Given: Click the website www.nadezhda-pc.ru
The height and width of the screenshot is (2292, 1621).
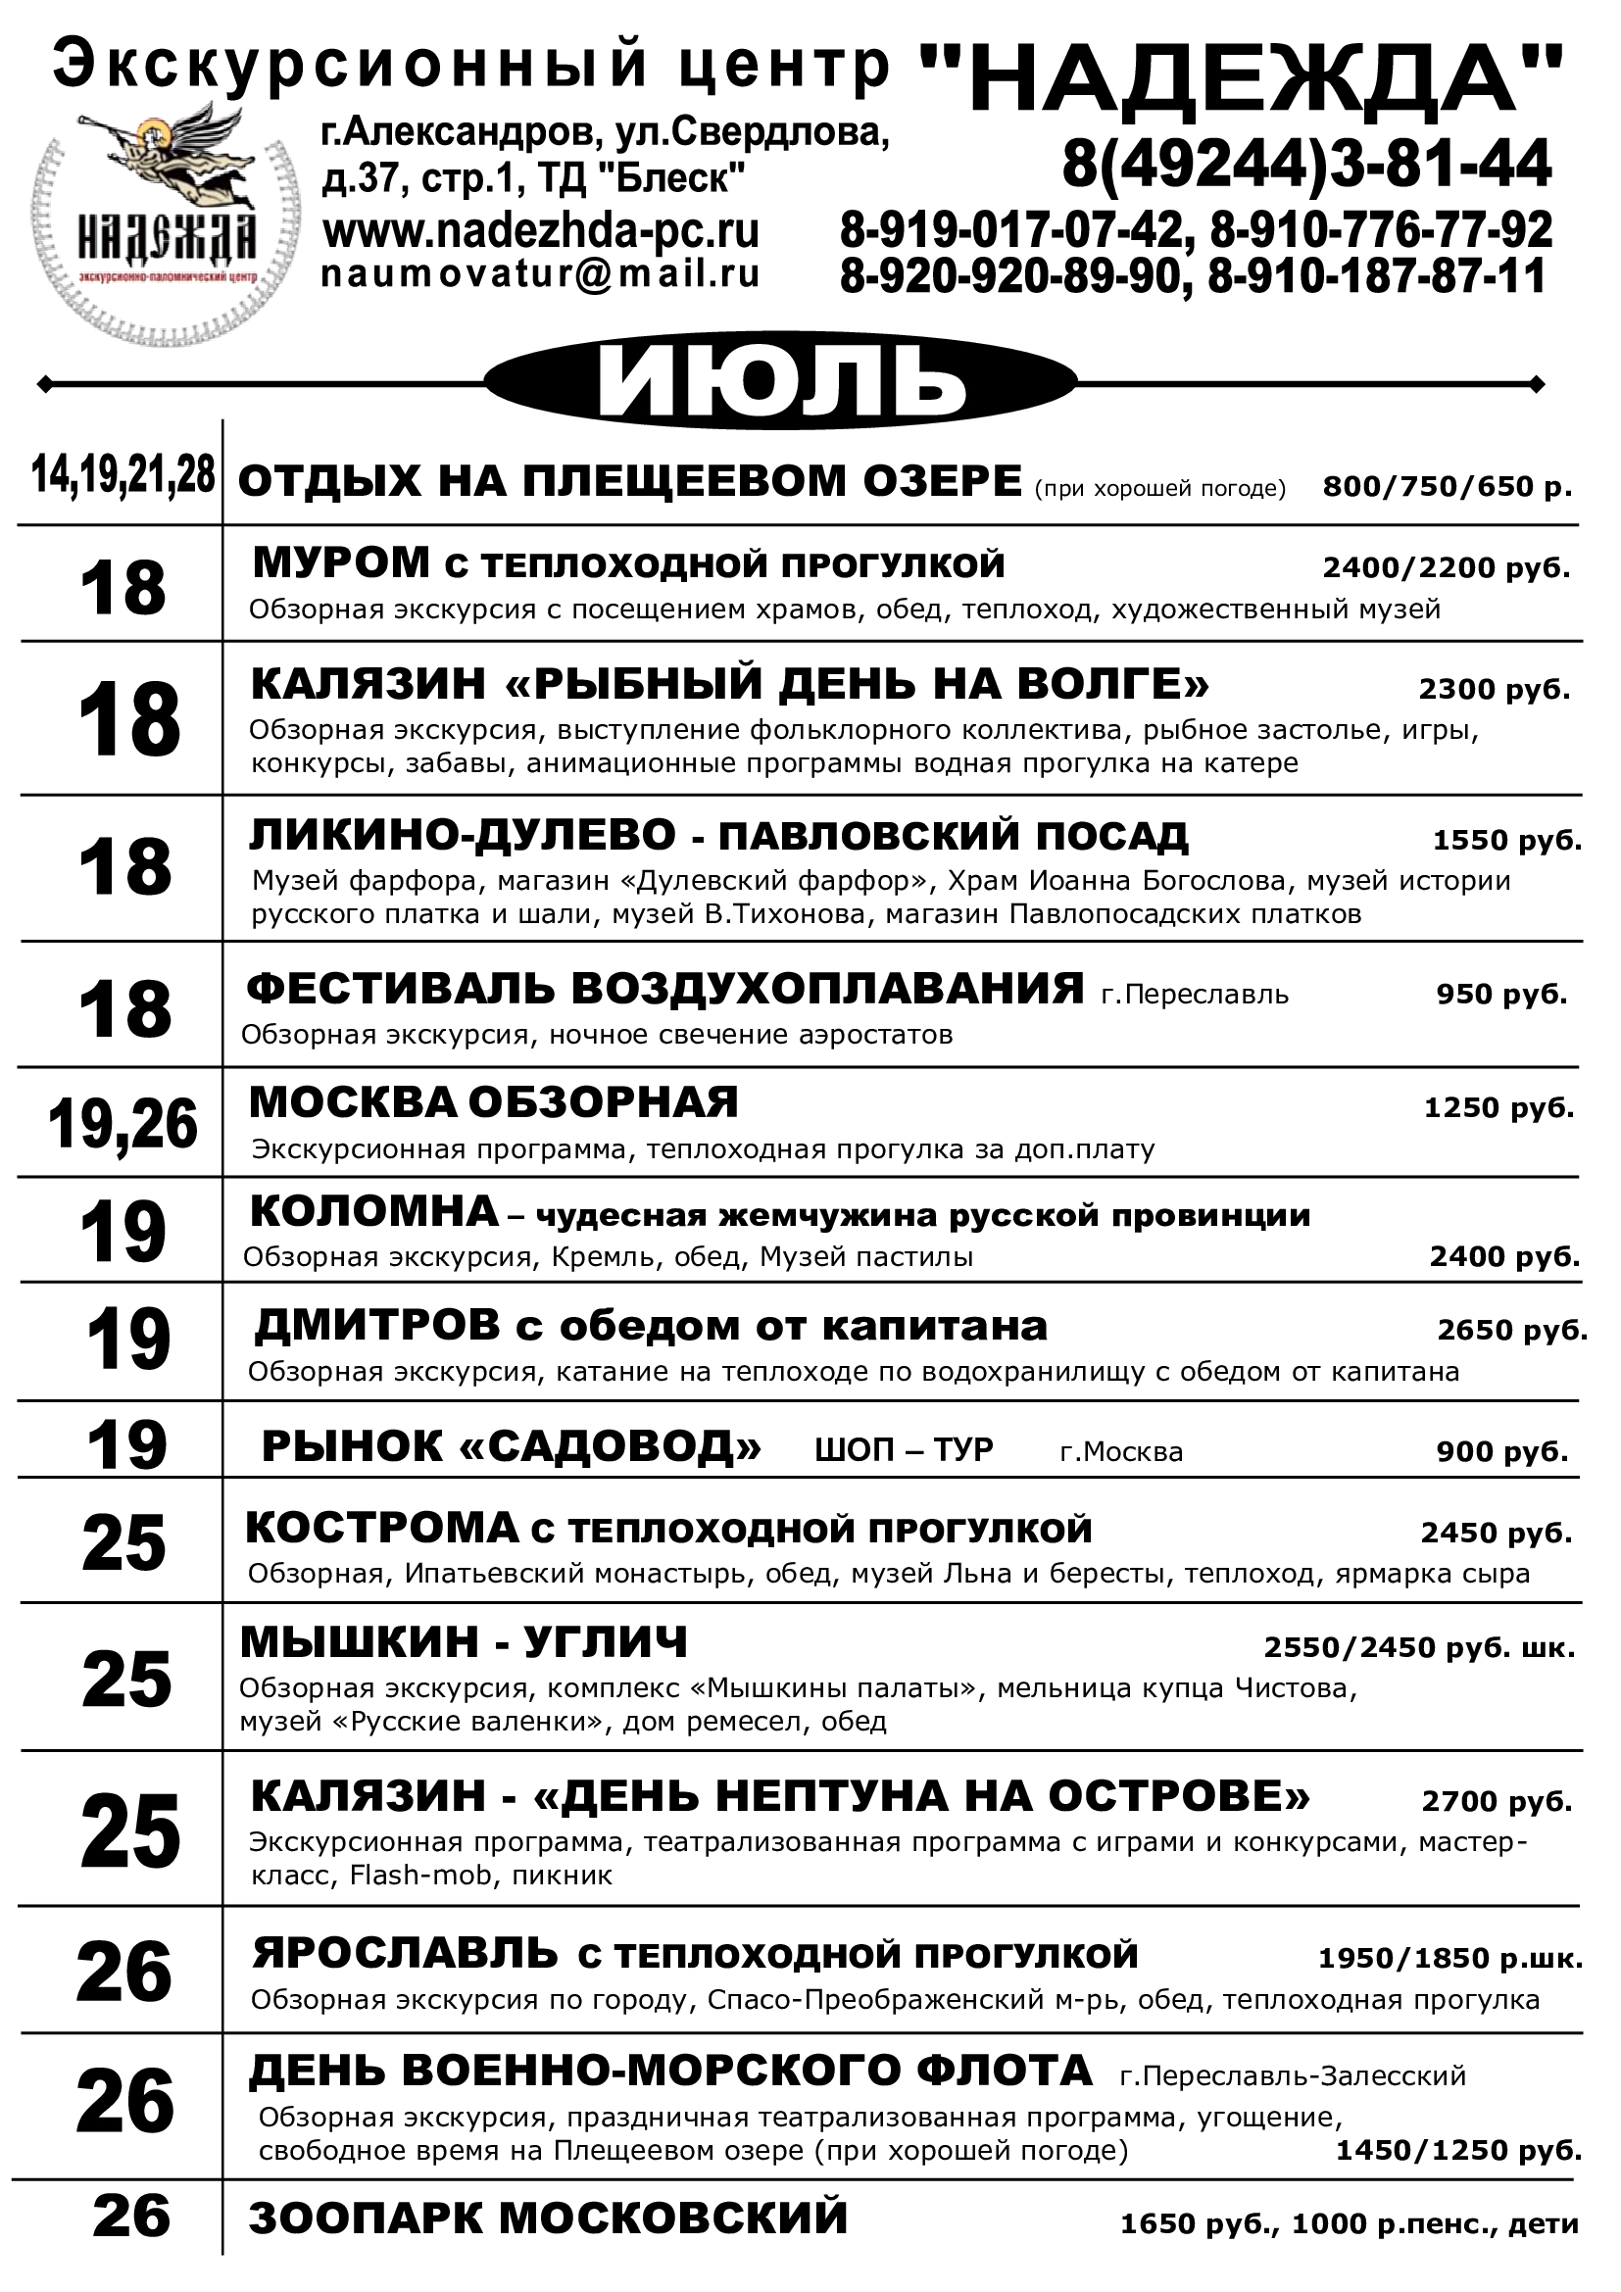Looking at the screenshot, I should pos(541,231).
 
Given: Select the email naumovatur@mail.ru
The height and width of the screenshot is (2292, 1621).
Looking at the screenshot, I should pos(541,273).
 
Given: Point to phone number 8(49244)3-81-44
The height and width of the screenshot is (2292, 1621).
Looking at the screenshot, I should pos(1306,164).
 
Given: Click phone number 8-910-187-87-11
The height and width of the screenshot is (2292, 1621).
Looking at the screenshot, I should pos(1376,275).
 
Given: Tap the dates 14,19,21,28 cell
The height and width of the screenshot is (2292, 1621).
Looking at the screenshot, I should pos(123,475).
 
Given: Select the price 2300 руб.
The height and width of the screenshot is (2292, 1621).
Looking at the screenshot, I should pos(1495,689).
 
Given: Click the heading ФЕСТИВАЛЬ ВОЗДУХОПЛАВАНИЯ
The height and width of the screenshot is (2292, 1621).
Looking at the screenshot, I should pos(665,989).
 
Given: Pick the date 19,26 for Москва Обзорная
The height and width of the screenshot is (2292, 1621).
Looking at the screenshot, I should pos(123,1124).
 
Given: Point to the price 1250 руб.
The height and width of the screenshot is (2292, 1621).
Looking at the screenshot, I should pos(1498,1107).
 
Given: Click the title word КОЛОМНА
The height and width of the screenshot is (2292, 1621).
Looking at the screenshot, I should pos(374,1212).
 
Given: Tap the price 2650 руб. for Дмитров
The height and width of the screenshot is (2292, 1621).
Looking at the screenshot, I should pos(1512,1330).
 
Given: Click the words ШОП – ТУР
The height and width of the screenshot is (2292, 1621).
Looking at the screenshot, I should pos(905,1449).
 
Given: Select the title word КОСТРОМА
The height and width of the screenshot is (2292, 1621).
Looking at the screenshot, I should pos(382,1529).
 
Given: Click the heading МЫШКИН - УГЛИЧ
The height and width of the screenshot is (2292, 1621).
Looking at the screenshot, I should pos(465,1642).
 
